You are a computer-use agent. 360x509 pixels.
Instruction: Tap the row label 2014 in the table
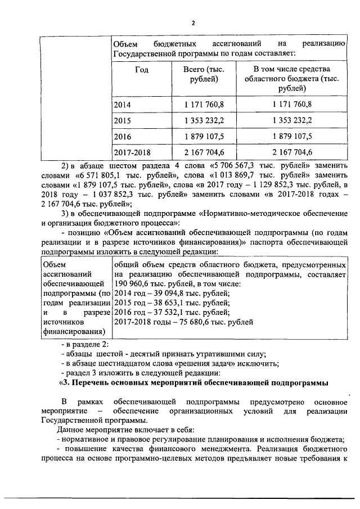coord(121,104)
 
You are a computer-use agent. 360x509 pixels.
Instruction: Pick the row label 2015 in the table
coord(121,120)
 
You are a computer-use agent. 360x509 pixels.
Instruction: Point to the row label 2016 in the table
coord(121,137)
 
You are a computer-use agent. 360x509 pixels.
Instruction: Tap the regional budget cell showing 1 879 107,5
coord(292,137)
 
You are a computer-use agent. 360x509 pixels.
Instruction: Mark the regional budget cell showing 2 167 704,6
coord(292,152)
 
